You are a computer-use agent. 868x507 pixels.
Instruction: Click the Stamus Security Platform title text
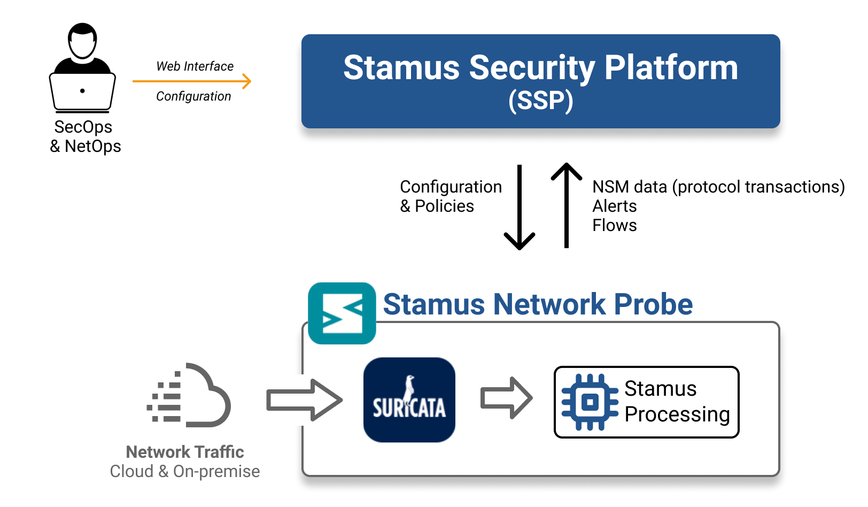[x=540, y=68]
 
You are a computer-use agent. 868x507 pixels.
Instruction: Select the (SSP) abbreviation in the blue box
[x=540, y=101]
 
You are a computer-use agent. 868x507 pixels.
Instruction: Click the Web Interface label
[x=195, y=66]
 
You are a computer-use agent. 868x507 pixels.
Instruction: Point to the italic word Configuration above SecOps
[x=193, y=96]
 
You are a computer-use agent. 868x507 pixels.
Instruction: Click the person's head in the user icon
[x=82, y=41]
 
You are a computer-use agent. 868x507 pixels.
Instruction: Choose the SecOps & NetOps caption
[x=85, y=136]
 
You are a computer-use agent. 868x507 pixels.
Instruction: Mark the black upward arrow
[x=567, y=205]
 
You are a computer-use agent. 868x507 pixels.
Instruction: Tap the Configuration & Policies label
[x=451, y=196]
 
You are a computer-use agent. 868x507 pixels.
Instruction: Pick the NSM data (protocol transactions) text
[x=718, y=187]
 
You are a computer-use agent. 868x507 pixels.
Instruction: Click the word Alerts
[x=615, y=206]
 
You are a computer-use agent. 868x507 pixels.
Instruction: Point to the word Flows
[x=615, y=225]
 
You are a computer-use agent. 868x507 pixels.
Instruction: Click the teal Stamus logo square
[x=342, y=313]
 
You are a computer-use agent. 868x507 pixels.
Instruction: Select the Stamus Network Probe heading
[x=538, y=304]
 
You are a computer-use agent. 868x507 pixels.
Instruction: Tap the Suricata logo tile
[x=409, y=400]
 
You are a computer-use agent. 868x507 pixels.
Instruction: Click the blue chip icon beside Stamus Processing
[x=590, y=402]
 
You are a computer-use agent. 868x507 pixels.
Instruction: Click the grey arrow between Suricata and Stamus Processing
[x=506, y=398]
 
